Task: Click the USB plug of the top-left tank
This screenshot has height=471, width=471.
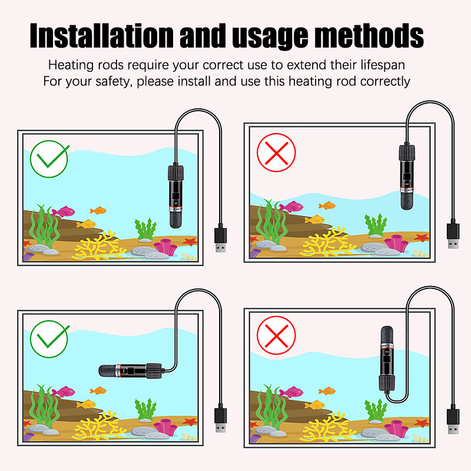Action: [x=220, y=239]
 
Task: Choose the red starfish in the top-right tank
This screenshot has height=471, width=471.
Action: [x=420, y=238]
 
